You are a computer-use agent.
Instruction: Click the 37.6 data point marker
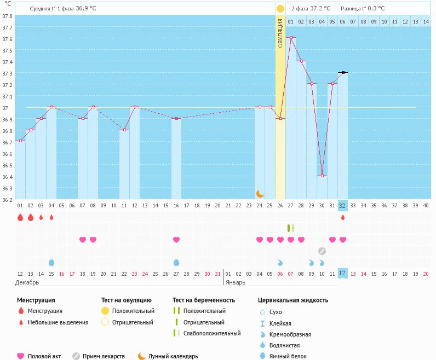291,38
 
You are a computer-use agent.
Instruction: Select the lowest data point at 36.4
322,176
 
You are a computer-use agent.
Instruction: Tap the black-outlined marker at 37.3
343,72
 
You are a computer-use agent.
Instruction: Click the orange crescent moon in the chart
260,193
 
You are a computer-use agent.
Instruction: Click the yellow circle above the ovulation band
280,9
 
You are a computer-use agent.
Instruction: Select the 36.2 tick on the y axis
7,200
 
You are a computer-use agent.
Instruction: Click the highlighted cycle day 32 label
343,206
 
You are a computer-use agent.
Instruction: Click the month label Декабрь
27,282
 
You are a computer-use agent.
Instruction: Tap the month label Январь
236,282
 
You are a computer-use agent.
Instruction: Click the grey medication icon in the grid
322,251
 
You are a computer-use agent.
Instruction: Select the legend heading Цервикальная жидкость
293,300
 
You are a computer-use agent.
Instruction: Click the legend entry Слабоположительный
212,333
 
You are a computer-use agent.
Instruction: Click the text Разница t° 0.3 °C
363,9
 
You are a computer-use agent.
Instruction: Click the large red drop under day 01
20,217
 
